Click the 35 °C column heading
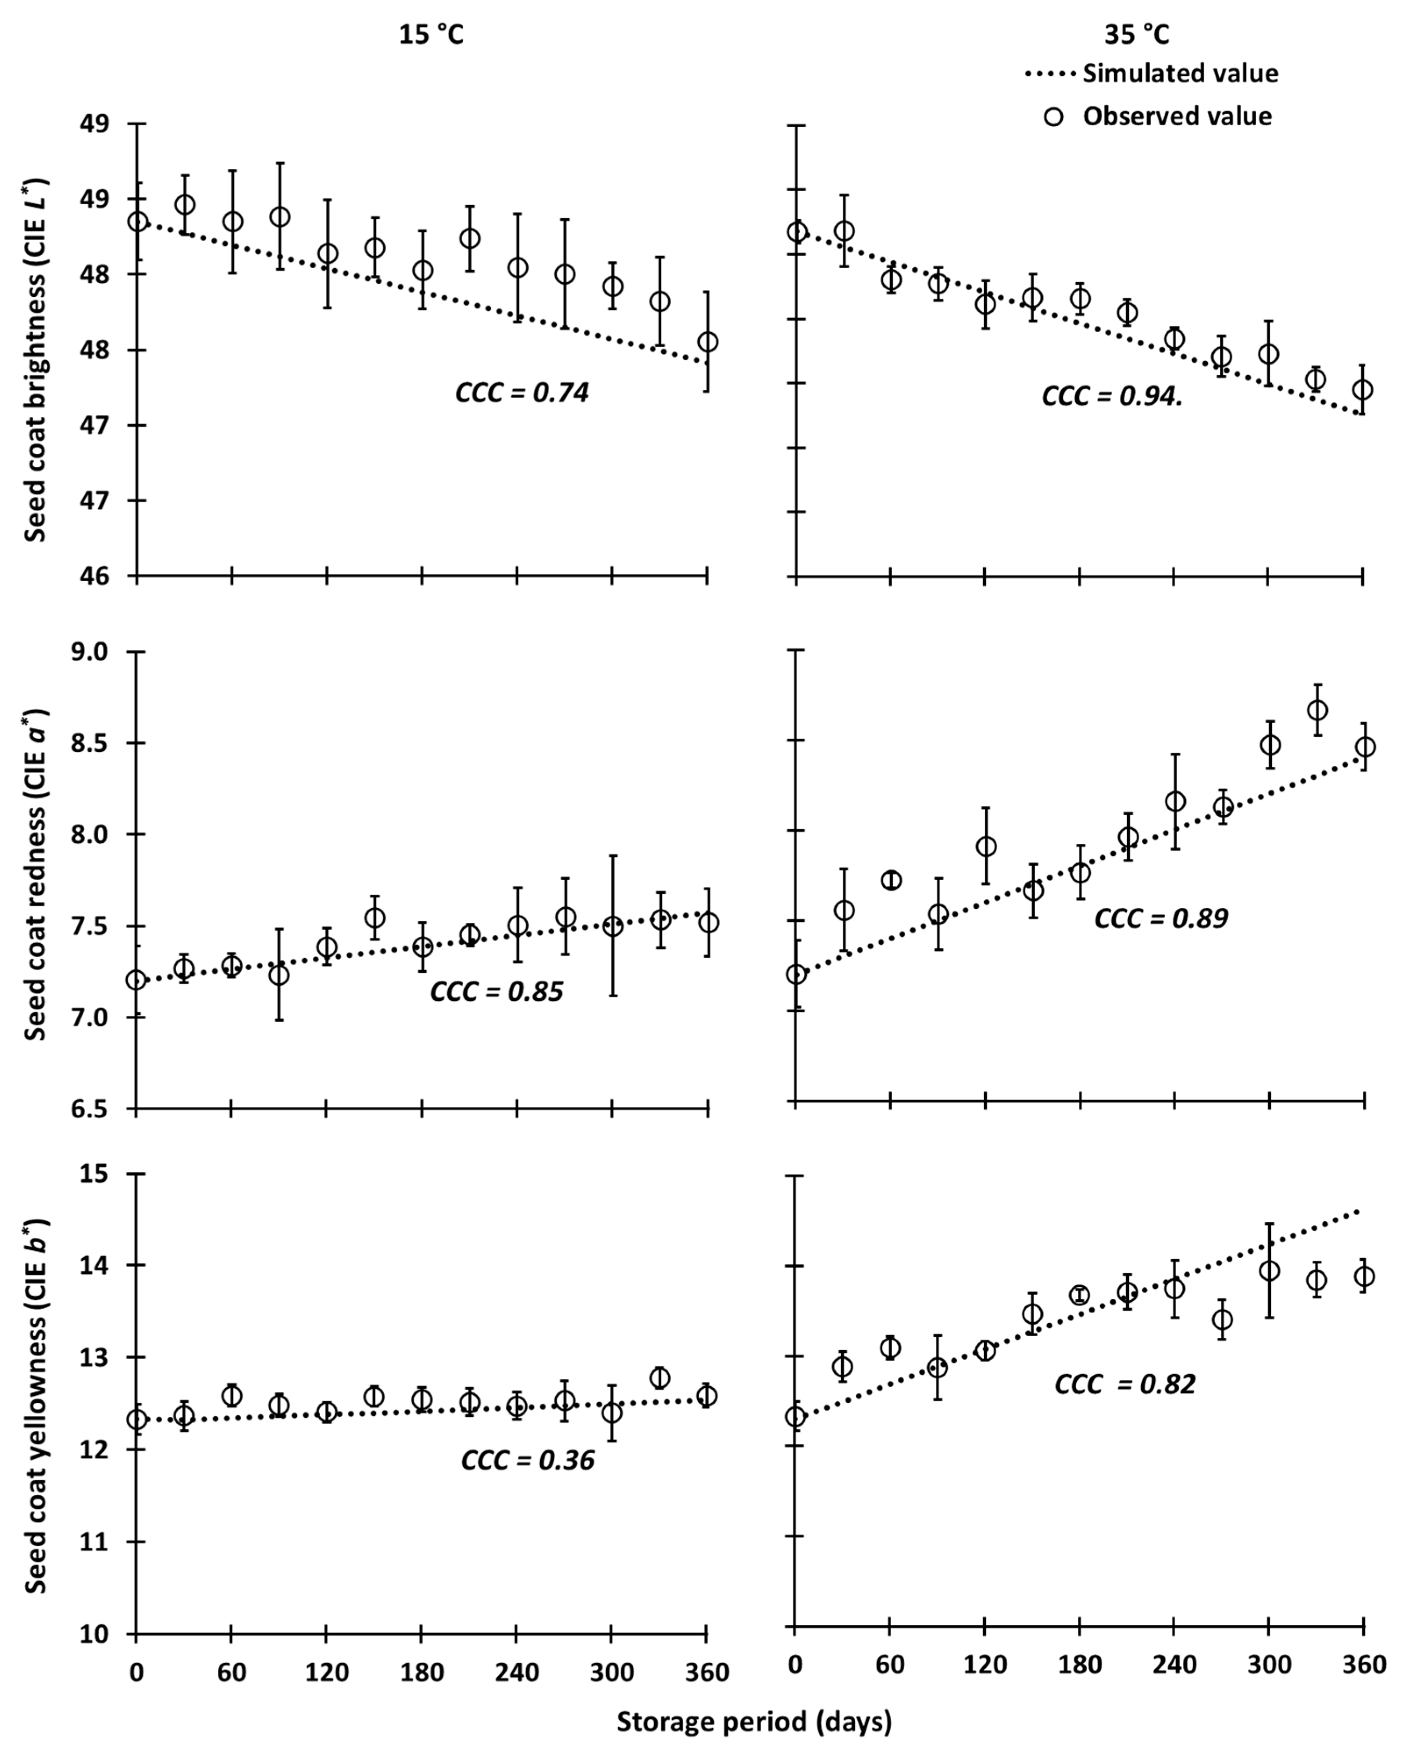point(1136,35)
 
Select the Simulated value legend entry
point(1151,73)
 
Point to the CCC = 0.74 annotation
point(521,393)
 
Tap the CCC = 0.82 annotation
point(1125,1384)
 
